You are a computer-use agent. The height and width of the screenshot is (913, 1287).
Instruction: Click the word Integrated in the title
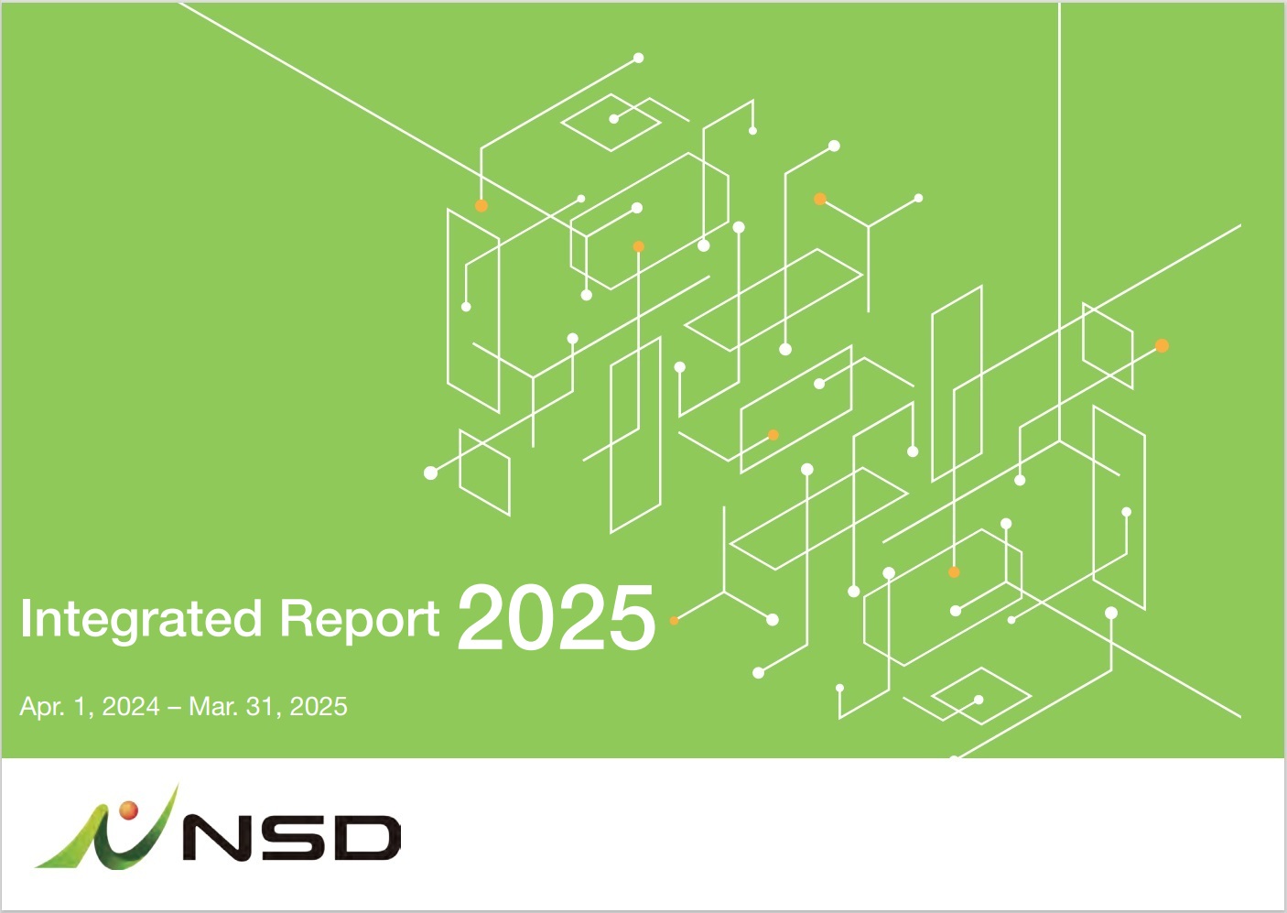point(141,620)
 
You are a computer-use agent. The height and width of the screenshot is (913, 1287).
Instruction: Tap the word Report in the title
point(360,620)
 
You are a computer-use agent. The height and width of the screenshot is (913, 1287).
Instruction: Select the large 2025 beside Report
point(557,617)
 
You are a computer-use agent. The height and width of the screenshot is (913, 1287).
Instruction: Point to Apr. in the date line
point(42,707)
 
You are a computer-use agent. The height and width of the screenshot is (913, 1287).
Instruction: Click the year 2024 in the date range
point(131,707)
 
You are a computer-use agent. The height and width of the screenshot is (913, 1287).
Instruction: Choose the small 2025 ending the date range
point(319,707)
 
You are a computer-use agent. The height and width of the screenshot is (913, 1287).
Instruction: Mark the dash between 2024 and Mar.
point(174,708)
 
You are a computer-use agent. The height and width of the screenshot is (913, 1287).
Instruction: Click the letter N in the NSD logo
point(223,837)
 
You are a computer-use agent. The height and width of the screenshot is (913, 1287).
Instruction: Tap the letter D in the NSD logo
point(368,837)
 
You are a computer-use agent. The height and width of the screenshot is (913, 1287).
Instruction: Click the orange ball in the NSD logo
point(129,810)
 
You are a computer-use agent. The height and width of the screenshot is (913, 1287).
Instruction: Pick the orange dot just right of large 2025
point(674,620)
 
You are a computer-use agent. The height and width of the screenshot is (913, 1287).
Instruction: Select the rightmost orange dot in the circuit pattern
point(1162,345)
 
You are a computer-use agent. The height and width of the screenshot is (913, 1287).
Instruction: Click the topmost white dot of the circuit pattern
point(638,58)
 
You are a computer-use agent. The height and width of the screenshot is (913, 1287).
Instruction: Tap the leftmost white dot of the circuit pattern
point(430,473)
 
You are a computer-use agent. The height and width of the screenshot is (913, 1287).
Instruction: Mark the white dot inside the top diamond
point(613,119)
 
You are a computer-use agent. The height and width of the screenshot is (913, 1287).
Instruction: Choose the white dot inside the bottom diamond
point(979,700)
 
